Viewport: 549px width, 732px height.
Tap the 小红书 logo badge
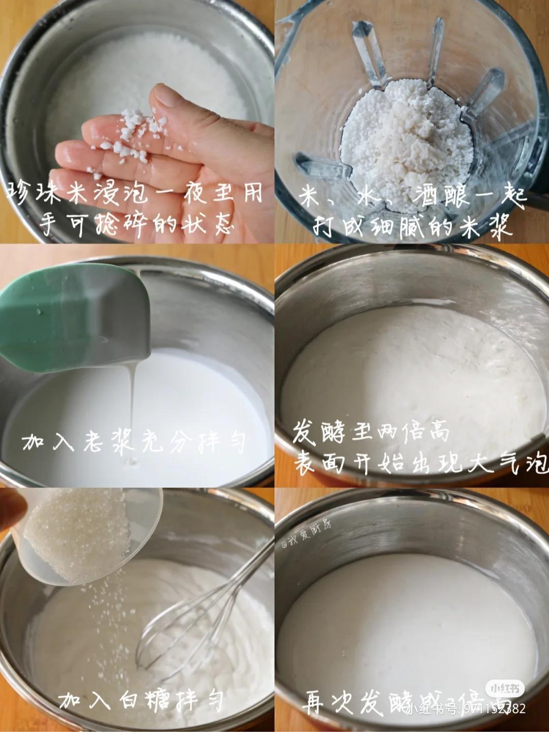(504, 689)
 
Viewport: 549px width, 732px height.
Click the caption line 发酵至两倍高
(371, 433)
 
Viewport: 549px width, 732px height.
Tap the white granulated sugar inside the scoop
(76, 534)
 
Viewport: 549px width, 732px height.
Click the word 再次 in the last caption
(328, 702)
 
